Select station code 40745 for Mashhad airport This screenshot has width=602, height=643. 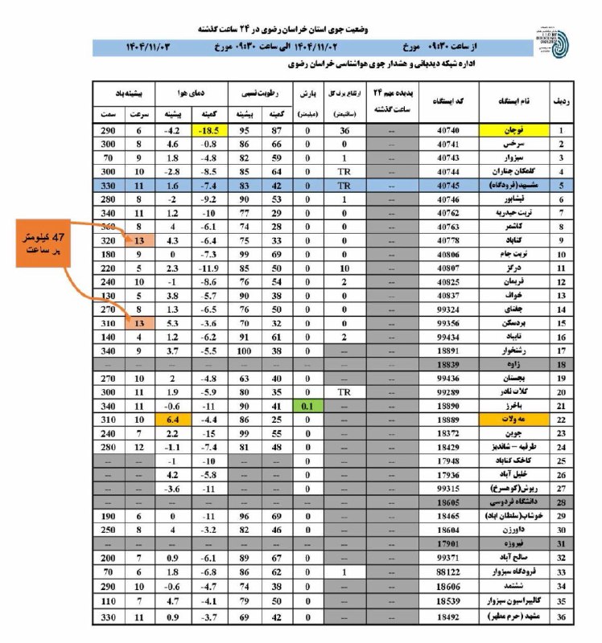tap(449, 184)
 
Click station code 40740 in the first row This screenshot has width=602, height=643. tap(449, 129)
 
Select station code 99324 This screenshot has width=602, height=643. tap(449, 308)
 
